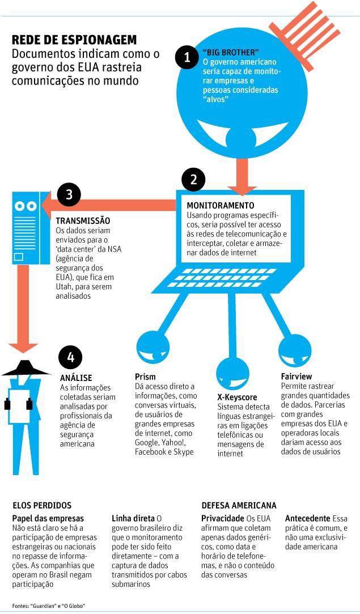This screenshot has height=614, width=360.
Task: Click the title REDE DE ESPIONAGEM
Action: (74, 40)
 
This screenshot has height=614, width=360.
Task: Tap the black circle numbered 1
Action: (187, 57)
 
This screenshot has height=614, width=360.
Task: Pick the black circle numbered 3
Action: (69, 194)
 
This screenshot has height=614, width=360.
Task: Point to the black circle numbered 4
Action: (70, 357)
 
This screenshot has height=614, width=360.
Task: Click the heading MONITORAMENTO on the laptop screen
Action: (221, 205)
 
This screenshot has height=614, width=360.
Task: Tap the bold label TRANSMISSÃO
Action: (83, 221)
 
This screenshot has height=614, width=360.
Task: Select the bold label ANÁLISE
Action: (76, 378)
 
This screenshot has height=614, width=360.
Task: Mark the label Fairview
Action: (296, 376)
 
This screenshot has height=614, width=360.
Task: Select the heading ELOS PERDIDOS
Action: (42, 505)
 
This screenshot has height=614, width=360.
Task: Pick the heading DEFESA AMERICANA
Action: (239, 505)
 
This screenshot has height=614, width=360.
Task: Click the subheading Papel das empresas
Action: (48, 518)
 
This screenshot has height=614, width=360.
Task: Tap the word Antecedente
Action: (307, 518)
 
